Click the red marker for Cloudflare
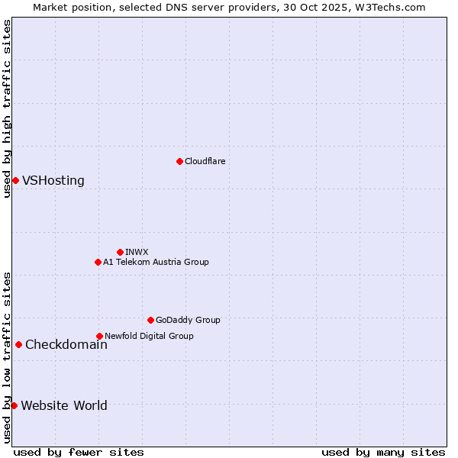[179, 161]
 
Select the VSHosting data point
[15, 180]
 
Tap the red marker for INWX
[120, 252]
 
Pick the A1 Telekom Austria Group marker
[98, 262]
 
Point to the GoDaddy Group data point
[150, 320]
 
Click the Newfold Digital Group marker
[99, 336]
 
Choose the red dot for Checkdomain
[18, 344]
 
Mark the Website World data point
[14, 405]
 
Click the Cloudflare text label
[205, 161]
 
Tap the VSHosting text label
[53, 181]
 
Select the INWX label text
[137, 252]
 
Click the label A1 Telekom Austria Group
[156, 262]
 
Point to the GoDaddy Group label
[188, 320]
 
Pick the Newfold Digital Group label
[149, 336]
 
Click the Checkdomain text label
[66, 345]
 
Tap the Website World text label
[64, 406]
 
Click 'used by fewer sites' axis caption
[79, 452]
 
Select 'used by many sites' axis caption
[383, 452]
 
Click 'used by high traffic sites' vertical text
[7, 108]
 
